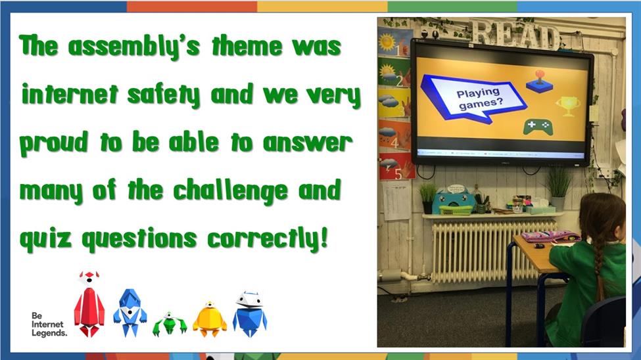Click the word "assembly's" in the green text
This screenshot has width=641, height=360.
pos(133,46)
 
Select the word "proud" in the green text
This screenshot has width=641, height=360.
pos(53,143)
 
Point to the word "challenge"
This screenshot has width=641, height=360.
pos(230,191)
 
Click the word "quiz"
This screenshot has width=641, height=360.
pos(45,239)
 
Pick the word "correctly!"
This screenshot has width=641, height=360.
pos(268,238)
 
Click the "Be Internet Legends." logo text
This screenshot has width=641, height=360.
pos(49,325)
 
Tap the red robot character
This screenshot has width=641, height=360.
pos(89,304)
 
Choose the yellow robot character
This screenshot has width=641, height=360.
pos(210,320)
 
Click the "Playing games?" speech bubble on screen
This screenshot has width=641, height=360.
pos(474,98)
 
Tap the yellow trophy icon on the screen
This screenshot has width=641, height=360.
pos(568,106)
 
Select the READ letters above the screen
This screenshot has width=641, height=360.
pos(515,34)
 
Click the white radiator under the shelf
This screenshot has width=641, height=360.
pos(494,251)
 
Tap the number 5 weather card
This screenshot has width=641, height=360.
pos(396,167)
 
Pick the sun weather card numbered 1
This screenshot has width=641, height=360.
pos(395,42)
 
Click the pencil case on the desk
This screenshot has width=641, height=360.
pos(550,236)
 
